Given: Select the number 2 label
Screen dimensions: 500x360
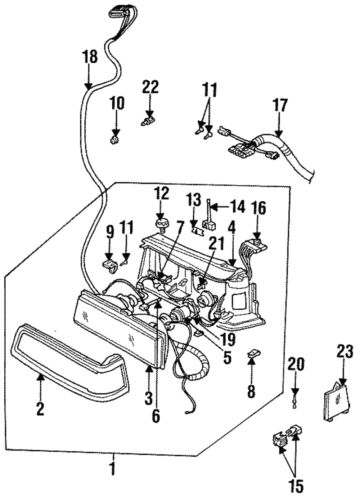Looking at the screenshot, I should coord(40,408).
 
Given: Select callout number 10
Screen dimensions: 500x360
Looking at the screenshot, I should coord(116,103).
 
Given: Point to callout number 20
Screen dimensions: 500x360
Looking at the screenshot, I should coord(295,363).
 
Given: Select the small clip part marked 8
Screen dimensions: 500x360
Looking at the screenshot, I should coord(254,353).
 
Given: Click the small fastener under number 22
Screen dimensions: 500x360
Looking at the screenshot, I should coord(151,123).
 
